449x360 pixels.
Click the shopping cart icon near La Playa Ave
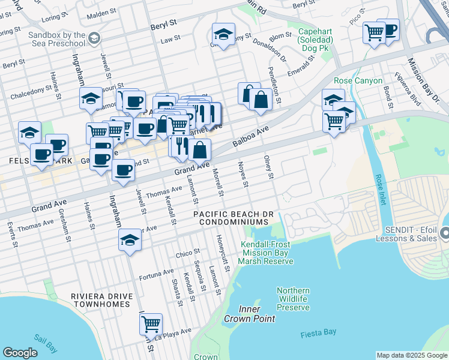151,324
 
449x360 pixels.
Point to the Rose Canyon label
358,80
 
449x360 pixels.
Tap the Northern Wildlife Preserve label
293,299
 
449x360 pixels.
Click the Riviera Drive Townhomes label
100,300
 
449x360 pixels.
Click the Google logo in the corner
20,353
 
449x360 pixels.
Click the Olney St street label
269,168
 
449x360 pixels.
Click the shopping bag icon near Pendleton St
261,100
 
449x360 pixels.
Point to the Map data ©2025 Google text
411,355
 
